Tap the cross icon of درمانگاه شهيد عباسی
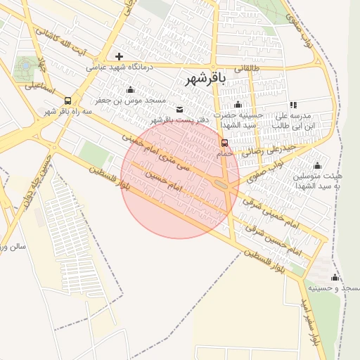(x=119, y=56)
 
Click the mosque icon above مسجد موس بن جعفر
(x=129, y=89)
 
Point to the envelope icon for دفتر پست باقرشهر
(x=180, y=109)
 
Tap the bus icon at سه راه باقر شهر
(x=67, y=100)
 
